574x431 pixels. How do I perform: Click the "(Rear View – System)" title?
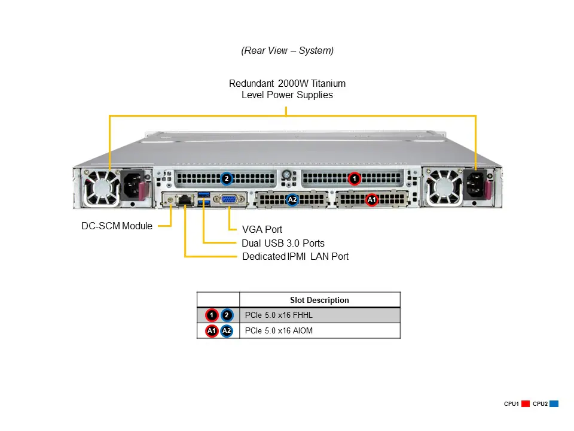[x=287, y=51]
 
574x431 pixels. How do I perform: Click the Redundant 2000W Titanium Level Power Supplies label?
[x=287, y=89]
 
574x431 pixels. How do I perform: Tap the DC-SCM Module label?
[x=117, y=226]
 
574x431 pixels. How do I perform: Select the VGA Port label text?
[x=262, y=229]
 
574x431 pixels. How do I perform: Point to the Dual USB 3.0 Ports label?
[x=283, y=243]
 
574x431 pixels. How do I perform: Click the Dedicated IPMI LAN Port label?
[x=295, y=256]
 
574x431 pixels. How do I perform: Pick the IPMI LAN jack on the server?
[x=186, y=200]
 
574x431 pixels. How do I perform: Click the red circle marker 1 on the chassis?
[x=355, y=178]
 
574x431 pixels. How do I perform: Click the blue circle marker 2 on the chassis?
[x=226, y=178]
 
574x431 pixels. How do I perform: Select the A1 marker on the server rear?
[x=371, y=199]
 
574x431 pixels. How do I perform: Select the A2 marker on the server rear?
[x=292, y=199]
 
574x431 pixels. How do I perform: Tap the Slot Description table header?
[x=319, y=300]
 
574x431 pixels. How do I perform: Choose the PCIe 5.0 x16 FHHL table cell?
[x=279, y=315]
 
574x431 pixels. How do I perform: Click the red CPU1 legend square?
[x=526, y=404]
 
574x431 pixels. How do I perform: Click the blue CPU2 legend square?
[x=554, y=404]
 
